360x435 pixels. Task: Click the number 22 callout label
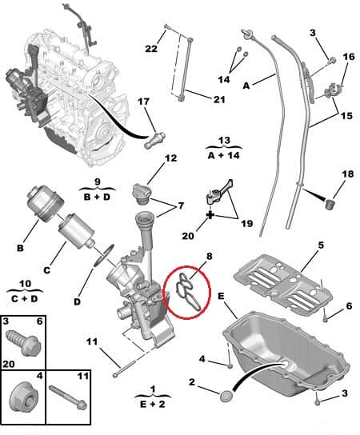[150, 50]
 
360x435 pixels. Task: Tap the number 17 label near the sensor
[143, 102]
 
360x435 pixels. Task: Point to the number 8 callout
[210, 257]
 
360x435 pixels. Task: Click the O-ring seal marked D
[100, 259]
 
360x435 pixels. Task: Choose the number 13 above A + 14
[223, 140]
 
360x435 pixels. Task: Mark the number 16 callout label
[348, 57]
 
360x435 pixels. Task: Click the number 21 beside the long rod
[218, 99]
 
